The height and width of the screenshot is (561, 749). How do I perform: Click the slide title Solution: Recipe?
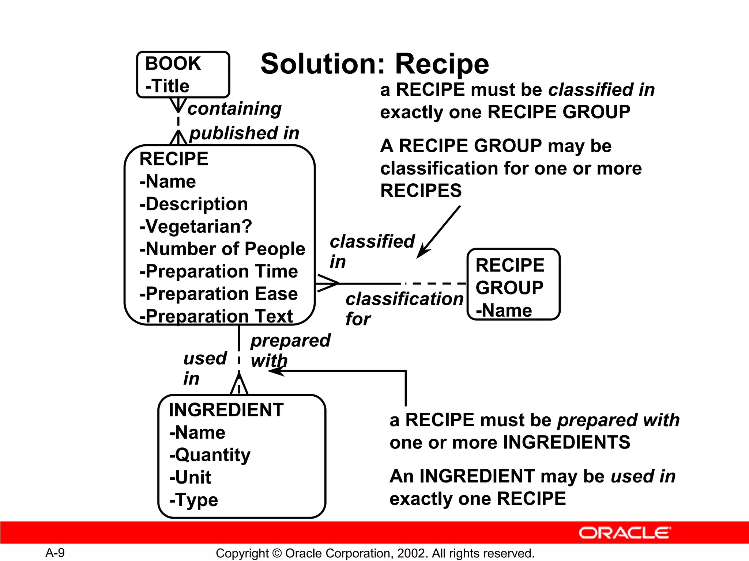pyautogui.click(x=374, y=64)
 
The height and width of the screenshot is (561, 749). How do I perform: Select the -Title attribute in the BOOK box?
pyautogui.click(x=168, y=86)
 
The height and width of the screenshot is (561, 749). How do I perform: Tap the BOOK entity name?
pyautogui.click(x=173, y=64)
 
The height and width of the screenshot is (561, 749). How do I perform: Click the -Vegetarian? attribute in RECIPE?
pyautogui.click(x=196, y=226)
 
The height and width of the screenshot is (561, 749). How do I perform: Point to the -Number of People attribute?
pyautogui.click(x=222, y=249)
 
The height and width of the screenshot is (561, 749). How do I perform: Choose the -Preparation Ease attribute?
pyautogui.click(x=219, y=294)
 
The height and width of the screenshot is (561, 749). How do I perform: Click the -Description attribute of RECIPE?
pyautogui.click(x=194, y=204)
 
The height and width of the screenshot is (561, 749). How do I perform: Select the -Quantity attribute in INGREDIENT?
pyautogui.click(x=210, y=455)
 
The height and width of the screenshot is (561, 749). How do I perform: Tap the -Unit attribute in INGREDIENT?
pyautogui.click(x=190, y=477)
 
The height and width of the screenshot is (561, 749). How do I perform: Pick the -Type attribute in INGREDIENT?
pyautogui.click(x=193, y=500)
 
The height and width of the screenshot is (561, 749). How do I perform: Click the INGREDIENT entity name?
pyautogui.click(x=226, y=410)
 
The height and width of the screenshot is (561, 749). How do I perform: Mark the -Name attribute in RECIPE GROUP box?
pyautogui.click(x=504, y=310)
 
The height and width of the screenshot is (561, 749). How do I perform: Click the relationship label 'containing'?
pyautogui.click(x=234, y=108)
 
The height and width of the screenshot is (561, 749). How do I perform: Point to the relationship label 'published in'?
pyautogui.click(x=244, y=133)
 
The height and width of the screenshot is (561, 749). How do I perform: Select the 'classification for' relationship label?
pyautogui.click(x=404, y=309)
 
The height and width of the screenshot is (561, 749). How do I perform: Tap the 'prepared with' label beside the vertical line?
pyautogui.click(x=290, y=350)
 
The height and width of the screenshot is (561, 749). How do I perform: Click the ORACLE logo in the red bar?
pyautogui.click(x=625, y=533)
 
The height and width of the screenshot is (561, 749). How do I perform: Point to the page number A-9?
pyautogui.click(x=55, y=553)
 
